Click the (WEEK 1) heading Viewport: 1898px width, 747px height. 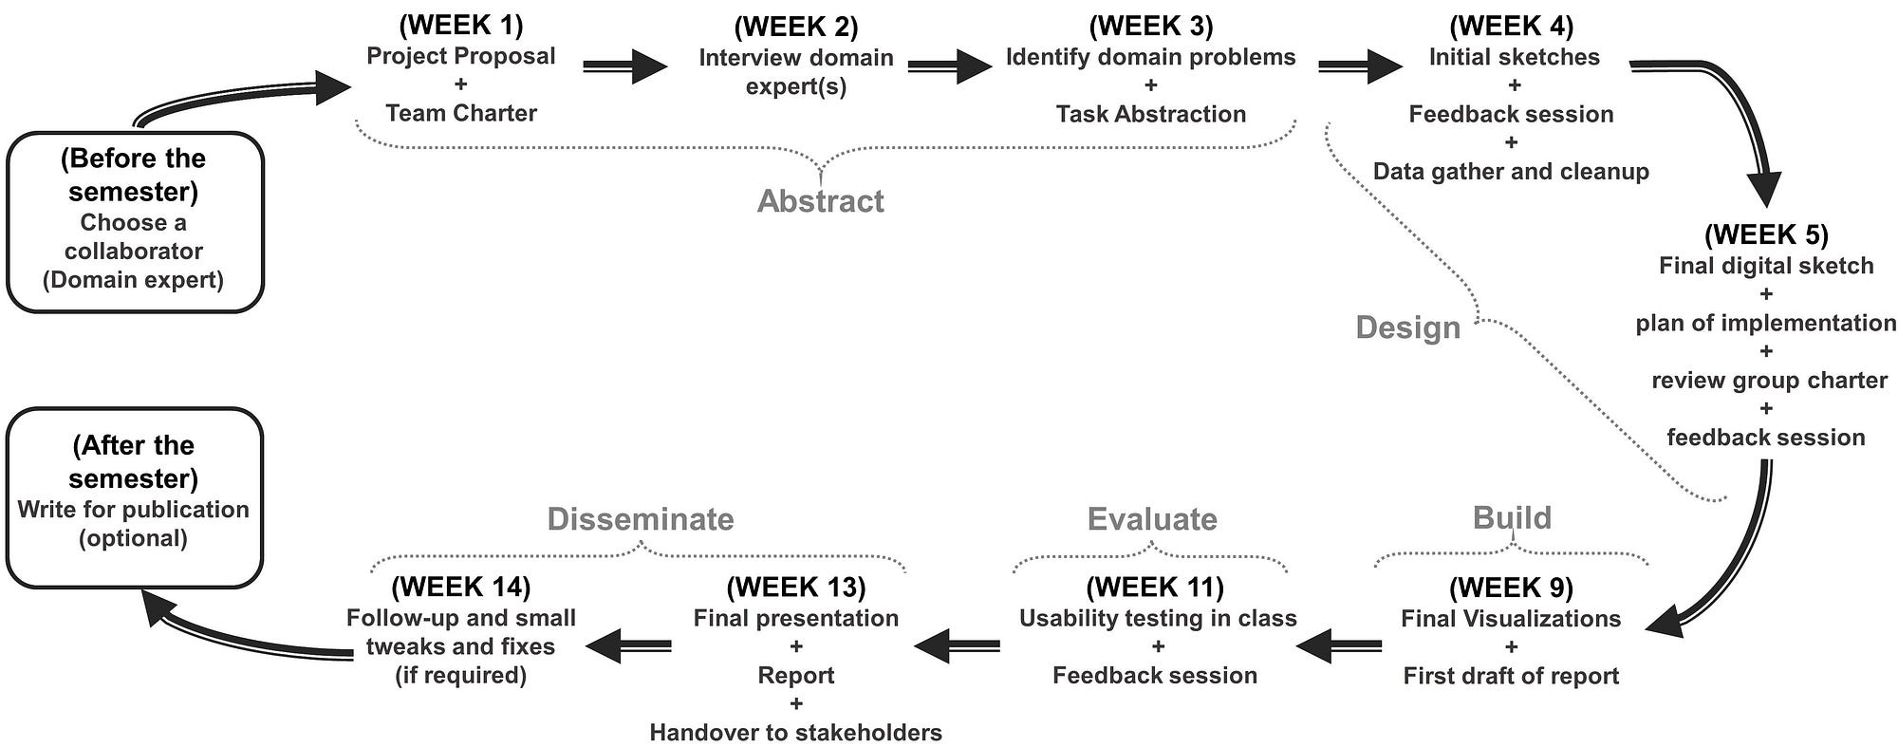click(x=460, y=25)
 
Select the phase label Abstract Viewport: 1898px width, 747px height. click(x=820, y=201)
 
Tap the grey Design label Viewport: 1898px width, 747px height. click(x=1407, y=327)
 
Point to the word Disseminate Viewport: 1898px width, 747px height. click(x=641, y=519)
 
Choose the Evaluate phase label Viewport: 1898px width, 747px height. click(x=1152, y=519)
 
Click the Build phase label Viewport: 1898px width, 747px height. click(x=1512, y=518)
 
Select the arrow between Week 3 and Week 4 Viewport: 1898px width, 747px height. click(x=1359, y=66)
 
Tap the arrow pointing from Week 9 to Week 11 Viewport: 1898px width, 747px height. click(x=1338, y=647)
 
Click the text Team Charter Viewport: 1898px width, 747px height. click(x=461, y=113)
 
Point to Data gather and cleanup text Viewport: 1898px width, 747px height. click(x=1511, y=172)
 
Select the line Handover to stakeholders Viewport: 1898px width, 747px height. click(x=795, y=733)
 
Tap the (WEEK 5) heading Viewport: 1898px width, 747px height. click(x=1766, y=234)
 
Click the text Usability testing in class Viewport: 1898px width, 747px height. click(x=1158, y=619)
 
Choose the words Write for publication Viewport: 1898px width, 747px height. click(x=133, y=510)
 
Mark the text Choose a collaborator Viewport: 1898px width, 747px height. click(x=133, y=237)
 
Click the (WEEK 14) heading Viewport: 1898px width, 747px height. click(x=460, y=587)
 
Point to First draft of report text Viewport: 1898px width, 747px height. click(x=1511, y=676)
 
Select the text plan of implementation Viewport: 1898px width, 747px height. click(x=1765, y=324)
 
